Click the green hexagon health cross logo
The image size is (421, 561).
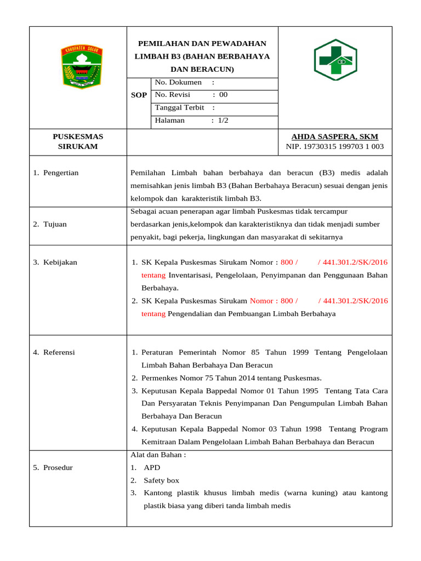tap(335, 60)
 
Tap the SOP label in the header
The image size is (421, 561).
tap(139, 95)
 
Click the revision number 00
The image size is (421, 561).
tap(223, 95)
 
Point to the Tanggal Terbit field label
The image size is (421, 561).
tap(179, 107)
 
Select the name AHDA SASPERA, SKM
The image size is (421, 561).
tap(334, 136)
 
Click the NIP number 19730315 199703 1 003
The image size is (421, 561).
tap(335, 147)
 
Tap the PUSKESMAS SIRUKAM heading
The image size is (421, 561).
tap(78, 141)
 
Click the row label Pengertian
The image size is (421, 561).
tap(61, 173)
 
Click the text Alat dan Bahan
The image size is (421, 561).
tap(158, 455)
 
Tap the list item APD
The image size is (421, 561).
tap(152, 467)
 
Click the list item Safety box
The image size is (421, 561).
tap(161, 480)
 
